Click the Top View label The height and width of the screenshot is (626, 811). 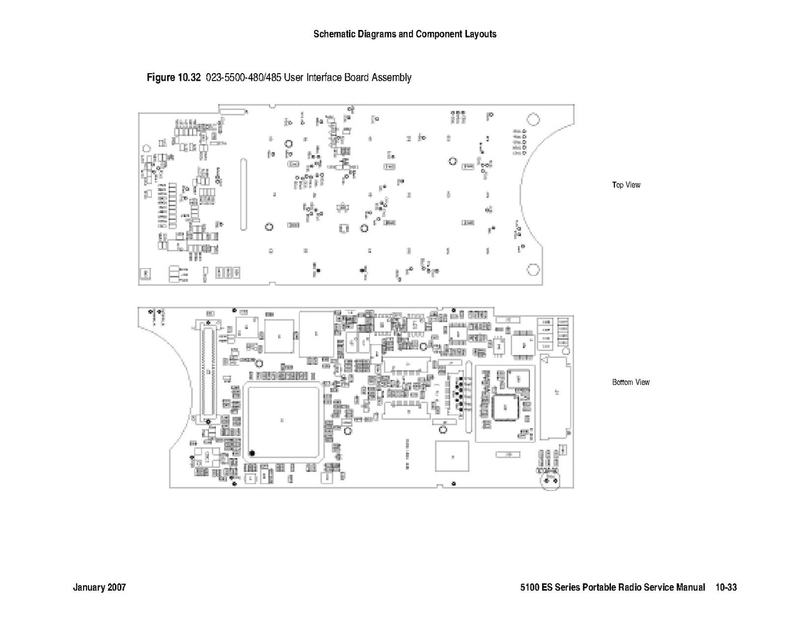pyautogui.click(x=626, y=185)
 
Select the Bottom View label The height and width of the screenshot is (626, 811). pyautogui.click(x=631, y=382)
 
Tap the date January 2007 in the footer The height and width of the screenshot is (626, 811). pyautogui.click(x=99, y=588)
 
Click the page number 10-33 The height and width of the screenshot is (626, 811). pyautogui.click(x=725, y=588)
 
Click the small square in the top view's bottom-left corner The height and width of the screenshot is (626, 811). pyautogui.click(x=145, y=274)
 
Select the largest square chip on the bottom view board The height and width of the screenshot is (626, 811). pyautogui.click(x=282, y=420)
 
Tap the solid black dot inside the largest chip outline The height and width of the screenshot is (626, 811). pyautogui.click(x=253, y=453)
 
